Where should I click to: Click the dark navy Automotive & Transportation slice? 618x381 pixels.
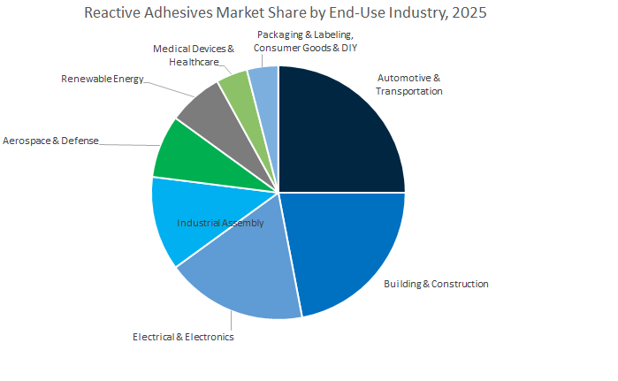click(340, 133)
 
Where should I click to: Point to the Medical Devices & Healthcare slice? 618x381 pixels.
click(233, 86)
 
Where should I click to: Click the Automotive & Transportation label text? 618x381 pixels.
click(409, 83)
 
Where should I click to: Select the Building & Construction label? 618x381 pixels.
click(435, 284)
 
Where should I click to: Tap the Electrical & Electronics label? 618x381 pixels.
click(183, 337)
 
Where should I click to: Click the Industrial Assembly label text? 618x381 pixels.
click(220, 223)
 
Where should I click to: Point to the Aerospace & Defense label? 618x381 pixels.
click(50, 141)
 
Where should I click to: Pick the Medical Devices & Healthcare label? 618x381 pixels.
click(194, 55)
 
